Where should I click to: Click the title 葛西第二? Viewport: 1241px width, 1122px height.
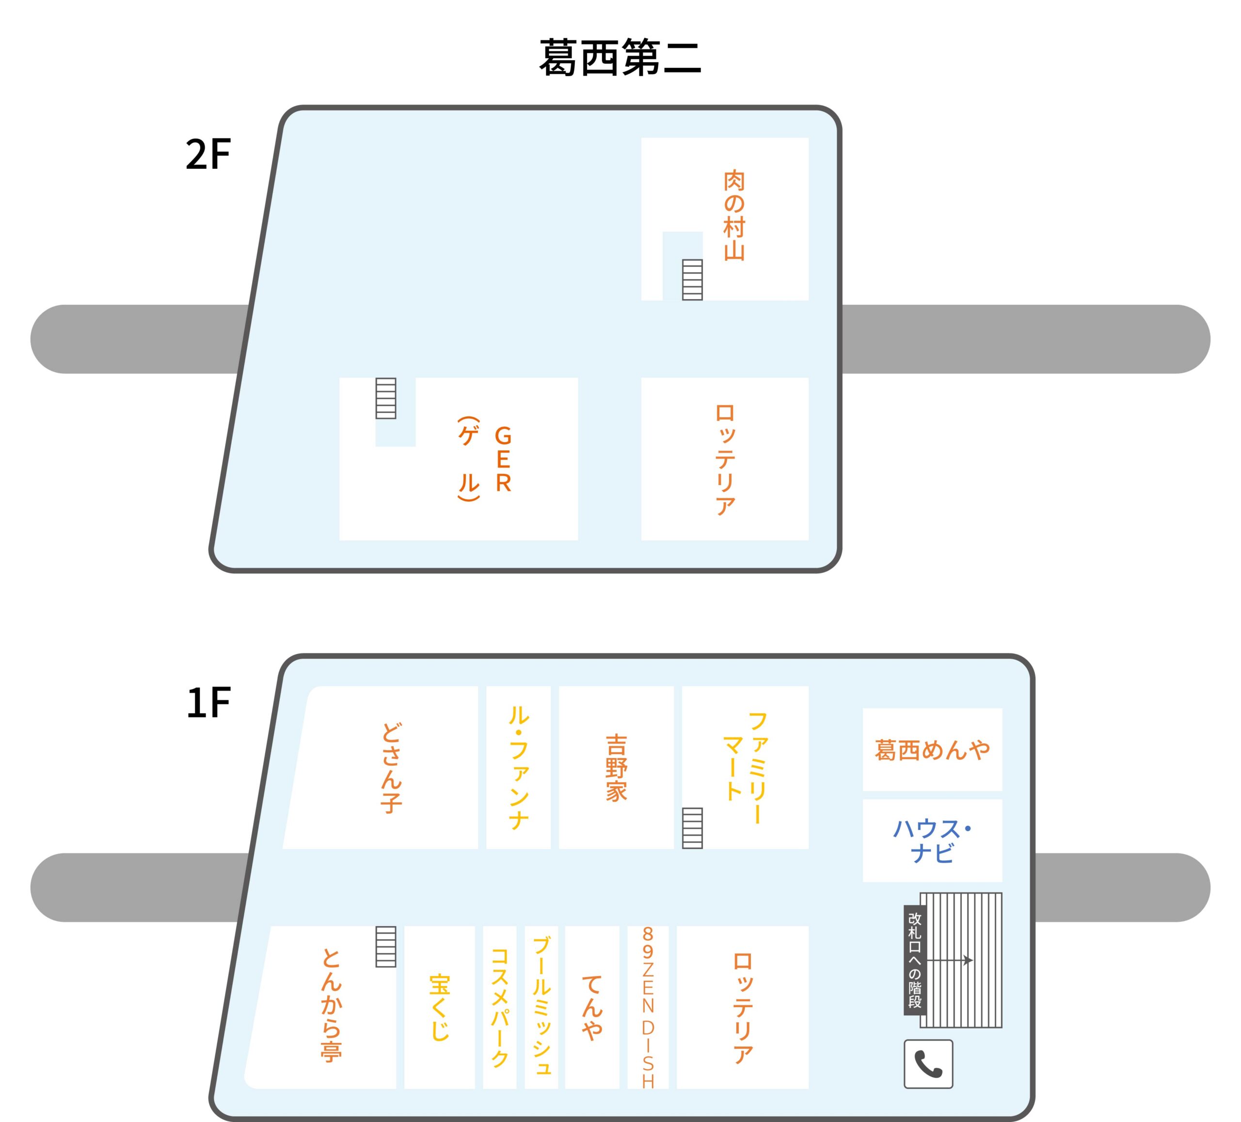tap(620, 57)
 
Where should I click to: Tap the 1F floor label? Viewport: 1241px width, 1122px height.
tap(208, 702)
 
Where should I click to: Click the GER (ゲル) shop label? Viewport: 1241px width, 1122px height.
tap(486, 458)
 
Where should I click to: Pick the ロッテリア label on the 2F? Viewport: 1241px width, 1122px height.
tap(725, 459)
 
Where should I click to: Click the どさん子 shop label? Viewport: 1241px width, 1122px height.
tap(392, 768)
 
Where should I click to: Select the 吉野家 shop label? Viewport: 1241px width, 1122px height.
tap(616, 768)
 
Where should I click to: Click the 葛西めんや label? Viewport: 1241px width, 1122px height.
tap(932, 750)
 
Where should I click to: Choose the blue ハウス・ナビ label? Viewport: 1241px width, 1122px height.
tap(932, 841)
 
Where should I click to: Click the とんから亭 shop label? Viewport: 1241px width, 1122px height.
tap(331, 1007)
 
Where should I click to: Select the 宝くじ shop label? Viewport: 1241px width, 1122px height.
tap(440, 1008)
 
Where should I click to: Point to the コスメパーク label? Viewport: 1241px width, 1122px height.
tap(499, 1008)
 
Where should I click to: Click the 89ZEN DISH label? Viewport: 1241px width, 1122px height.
tap(648, 1008)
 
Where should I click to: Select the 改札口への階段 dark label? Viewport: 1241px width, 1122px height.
tap(915, 960)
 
